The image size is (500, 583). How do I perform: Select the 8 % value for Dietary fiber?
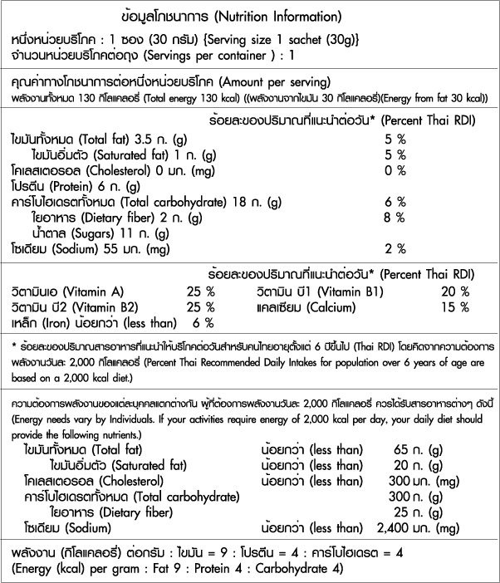click(x=395, y=218)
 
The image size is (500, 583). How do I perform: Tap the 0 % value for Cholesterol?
click(x=395, y=170)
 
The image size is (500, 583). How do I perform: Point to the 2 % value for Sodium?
click(x=395, y=248)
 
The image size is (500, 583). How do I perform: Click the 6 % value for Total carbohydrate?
click(x=395, y=202)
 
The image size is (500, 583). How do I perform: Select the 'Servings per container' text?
click(x=212, y=55)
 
